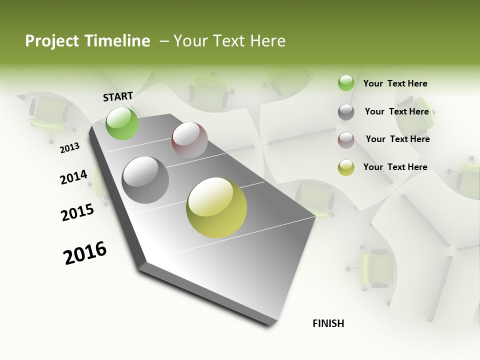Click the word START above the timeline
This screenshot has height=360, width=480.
[118, 96]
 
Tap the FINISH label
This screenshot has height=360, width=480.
[328, 323]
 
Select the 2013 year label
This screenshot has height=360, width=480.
[69, 148]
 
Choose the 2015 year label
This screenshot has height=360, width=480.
[77, 212]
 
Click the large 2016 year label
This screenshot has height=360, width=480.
[85, 253]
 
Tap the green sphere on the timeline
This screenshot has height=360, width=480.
[122, 123]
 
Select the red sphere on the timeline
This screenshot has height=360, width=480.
[189, 139]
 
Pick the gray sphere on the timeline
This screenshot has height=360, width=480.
[145, 180]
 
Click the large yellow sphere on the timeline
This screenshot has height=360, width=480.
[216, 207]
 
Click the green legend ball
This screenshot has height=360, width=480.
[346, 83]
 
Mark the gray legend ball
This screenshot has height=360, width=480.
[346, 112]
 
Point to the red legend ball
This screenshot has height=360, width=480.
[346, 140]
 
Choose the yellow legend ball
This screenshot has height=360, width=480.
[346, 167]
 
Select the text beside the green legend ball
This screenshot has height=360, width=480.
[395, 83]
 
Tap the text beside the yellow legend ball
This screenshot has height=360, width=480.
[395, 167]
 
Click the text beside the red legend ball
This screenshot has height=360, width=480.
[397, 139]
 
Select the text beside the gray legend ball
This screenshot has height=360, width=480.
[396, 111]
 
